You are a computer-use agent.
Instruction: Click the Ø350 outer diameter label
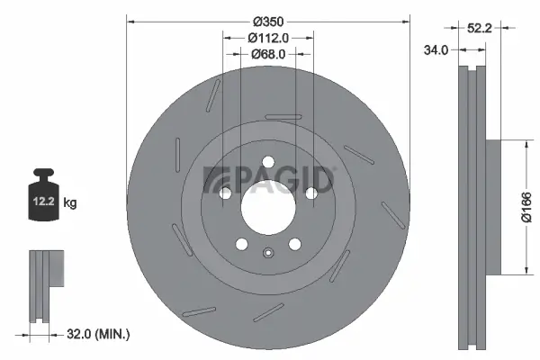click(x=268, y=22)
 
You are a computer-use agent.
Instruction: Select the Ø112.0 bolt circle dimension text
click(x=267, y=38)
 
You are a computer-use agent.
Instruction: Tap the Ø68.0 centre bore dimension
click(x=267, y=54)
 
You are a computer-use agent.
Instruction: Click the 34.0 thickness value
click(x=436, y=50)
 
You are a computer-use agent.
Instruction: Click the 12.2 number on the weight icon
click(x=42, y=203)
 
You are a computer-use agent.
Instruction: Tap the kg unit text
click(x=70, y=203)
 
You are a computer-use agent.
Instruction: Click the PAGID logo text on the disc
click(x=270, y=180)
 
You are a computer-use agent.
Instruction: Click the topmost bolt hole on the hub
click(x=267, y=164)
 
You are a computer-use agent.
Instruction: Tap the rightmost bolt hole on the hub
click(x=310, y=193)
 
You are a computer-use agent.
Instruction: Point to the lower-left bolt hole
click(x=240, y=243)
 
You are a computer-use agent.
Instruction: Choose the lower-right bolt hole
click(x=294, y=243)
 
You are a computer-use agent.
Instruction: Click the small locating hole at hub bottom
click(x=267, y=252)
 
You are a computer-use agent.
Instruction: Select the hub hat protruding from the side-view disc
click(x=492, y=207)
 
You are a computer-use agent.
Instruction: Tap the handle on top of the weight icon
click(x=42, y=173)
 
